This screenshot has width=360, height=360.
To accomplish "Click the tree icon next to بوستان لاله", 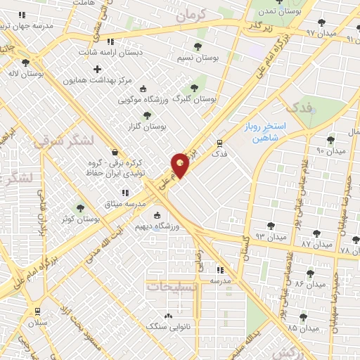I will click(x=25, y=63).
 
